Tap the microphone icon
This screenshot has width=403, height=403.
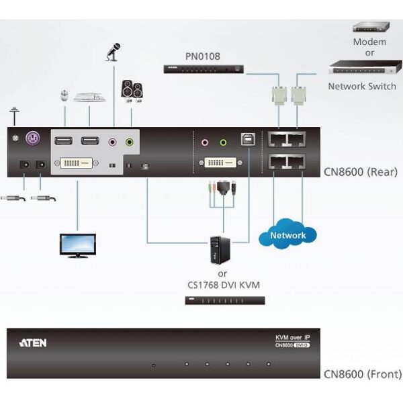coord(113,52)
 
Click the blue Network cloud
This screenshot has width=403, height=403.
coord(287,235)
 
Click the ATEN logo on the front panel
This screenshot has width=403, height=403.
coord(33,343)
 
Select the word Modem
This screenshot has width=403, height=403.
coord(370,42)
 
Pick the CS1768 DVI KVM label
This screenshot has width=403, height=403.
coord(225,285)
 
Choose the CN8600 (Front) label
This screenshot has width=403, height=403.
coord(363,374)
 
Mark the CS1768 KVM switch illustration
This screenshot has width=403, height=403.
coord(225,300)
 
